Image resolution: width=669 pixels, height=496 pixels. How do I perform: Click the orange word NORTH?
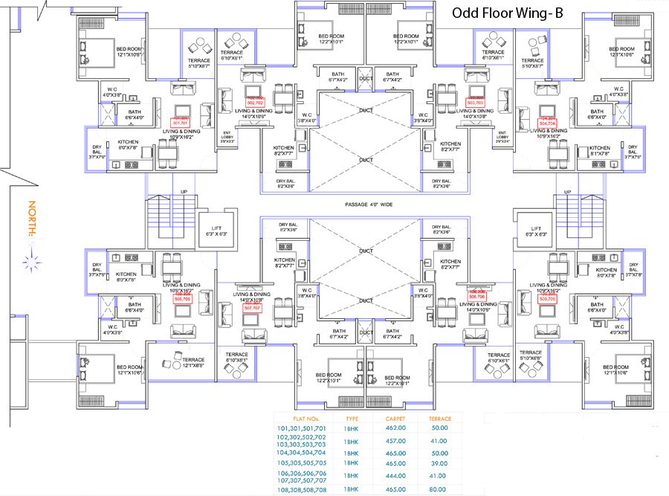click(32, 218)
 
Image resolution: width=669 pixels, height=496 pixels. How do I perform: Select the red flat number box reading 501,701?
click(181, 122)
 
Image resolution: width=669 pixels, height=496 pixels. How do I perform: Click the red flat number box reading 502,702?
click(255, 102)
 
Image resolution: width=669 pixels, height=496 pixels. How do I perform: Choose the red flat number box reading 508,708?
click(182, 297)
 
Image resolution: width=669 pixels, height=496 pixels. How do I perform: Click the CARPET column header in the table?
click(395, 419)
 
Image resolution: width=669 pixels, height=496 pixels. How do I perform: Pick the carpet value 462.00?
click(395, 428)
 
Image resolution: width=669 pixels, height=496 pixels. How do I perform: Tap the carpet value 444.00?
click(395, 475)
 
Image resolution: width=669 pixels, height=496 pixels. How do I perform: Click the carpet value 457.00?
click(395, 441)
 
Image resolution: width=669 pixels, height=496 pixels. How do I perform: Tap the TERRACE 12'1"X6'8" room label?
click(193, 363)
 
